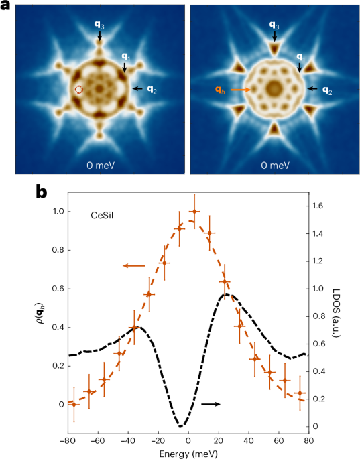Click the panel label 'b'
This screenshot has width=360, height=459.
click(41, 192)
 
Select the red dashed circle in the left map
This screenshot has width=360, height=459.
click(78, 90)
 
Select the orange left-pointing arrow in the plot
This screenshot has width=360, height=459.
click(133, 266)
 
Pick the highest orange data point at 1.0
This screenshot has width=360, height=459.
click(194, 212)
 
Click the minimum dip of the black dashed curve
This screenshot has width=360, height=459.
click(180, 425)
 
